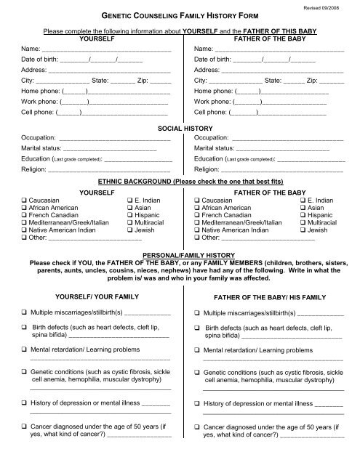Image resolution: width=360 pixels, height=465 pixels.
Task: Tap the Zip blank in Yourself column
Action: [x=164, y=82]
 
